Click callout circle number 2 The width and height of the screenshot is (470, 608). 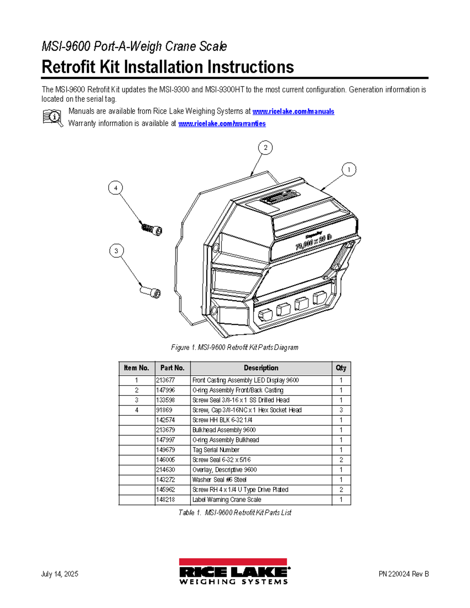[266, 148]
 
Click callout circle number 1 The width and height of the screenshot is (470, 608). [349, 170]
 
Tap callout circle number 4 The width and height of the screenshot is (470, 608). [116, 188]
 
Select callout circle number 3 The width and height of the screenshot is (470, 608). [116, 251]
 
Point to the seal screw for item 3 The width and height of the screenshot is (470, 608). [151, 292]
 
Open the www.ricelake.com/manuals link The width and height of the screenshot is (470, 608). [293, 112]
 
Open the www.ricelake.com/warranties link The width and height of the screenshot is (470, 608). [222, 124]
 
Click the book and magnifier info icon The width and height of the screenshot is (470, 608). [52, 117]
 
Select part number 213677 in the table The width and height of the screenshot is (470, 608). [166, 380]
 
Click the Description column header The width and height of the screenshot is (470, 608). [261, 368]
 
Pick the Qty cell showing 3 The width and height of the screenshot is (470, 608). [341, 410]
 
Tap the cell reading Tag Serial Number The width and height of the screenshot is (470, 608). [216, 450]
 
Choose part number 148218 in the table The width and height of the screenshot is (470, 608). [166, 500]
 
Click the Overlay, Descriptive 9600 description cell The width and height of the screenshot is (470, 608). [224, 470]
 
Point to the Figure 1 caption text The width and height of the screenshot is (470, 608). [235, 347]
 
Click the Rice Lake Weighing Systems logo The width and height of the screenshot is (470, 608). [234, 572]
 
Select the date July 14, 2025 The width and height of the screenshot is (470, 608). [60, 574]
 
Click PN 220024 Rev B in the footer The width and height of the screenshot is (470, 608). [403, 574]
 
